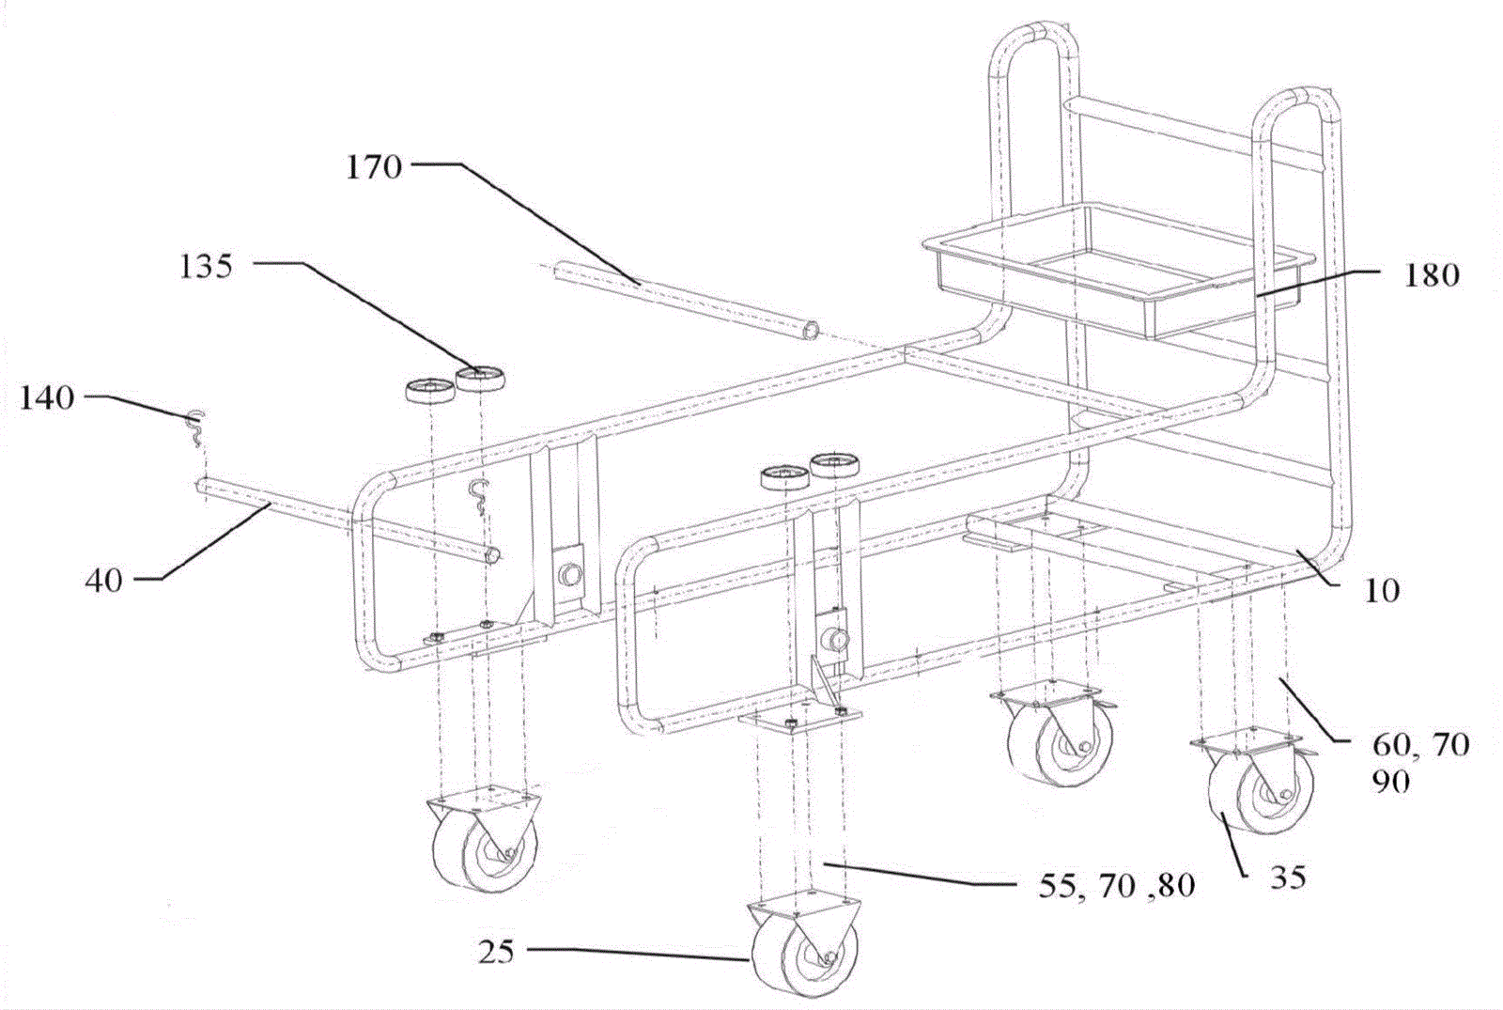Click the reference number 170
coord(374,167)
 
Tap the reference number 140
coord(46,397)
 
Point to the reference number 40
coord(103,580)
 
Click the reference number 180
coord(1431,274)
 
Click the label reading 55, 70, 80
coord(1116,886)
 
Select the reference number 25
coord(497,952)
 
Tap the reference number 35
coord(1288,877)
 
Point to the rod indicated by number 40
coord(348,520)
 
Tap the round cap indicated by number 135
coord(479,381)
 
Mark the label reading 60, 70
coord(1406,745)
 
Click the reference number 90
coord(1390,781)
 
